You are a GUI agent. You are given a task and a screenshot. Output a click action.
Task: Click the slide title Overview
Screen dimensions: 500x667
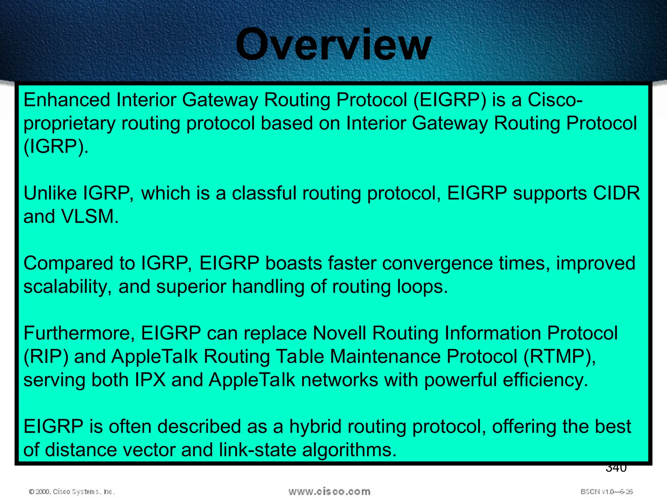point(333,45)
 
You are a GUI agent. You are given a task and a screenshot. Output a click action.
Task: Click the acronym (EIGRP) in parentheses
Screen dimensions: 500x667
point(450,100)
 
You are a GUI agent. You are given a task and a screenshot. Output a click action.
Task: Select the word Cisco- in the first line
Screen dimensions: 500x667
point(555,100)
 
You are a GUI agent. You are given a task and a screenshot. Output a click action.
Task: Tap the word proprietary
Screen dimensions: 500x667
point(69,124)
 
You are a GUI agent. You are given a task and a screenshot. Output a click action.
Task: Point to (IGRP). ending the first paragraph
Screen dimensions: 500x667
point(56,146)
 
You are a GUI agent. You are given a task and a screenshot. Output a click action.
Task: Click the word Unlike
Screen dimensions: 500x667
point(50,193)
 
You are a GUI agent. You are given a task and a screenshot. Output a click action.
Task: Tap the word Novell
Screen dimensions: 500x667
point(339,333)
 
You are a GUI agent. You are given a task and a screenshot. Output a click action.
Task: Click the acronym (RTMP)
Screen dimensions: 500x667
point(559,357)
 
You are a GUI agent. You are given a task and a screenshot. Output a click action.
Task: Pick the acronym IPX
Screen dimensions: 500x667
point(150,380)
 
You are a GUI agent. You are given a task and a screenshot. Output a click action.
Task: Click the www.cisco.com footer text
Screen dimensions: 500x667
point(329,492)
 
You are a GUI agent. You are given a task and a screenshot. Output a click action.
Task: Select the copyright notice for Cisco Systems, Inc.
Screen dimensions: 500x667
point(72,492)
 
